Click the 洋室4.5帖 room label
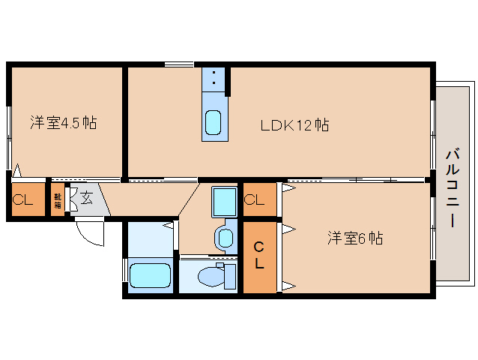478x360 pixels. point(63,122)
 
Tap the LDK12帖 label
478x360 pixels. point(295,125)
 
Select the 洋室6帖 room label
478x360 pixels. point(354,239)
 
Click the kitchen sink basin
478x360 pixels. point(213,121)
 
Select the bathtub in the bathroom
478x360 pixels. point(151,274)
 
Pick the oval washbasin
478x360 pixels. point(224,238)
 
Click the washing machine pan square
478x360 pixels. point(223,201)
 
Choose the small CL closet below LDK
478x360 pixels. point(255,200)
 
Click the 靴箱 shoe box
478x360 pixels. point(58,200)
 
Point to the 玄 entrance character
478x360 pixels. point(86,199)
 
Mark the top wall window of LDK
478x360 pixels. point(180,65)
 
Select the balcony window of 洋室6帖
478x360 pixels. point(433,240)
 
